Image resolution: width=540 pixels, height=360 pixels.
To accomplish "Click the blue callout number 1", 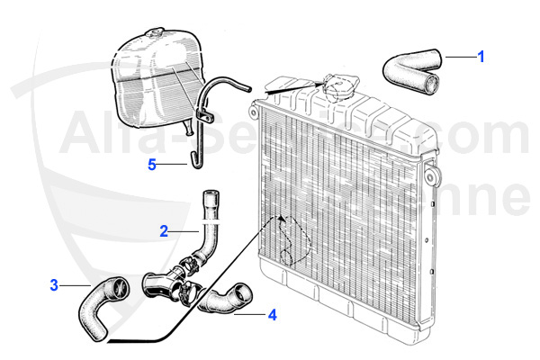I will pyautogui.click(x=481, y=56).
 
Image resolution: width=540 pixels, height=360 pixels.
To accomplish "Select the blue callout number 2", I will pyautogui.click(x=164, y=230).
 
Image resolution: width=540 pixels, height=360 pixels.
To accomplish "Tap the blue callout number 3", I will pyautogui.click(x=54, y=285).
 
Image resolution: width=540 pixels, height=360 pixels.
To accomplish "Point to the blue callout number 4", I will pyautogui.click(x=271, y=315).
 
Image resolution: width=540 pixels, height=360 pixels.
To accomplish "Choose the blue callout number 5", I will pyautogui.click(x=152, y=164).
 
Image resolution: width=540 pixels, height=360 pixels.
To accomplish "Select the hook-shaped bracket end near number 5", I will pyautogui.click(x=191, y=160).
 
